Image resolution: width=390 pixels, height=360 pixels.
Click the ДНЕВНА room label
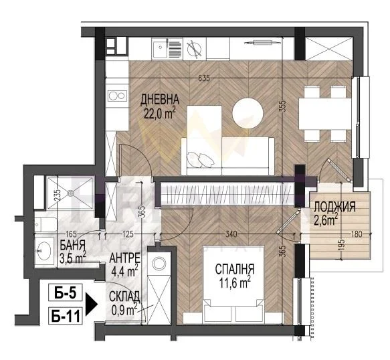160,100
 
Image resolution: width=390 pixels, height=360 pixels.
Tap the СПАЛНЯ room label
235,269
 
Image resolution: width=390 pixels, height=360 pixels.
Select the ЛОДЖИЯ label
334,207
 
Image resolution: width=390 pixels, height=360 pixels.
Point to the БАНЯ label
73,246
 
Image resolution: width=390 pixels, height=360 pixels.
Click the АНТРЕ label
125,258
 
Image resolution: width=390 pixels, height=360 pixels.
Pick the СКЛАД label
124,296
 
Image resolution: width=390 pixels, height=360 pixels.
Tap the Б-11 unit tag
65,317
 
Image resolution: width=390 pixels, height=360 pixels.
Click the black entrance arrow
91,304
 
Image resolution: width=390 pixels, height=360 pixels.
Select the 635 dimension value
204,78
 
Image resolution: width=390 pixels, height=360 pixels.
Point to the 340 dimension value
231,234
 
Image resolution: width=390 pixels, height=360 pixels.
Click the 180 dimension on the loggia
357,234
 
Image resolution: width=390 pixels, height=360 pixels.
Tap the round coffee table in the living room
248,114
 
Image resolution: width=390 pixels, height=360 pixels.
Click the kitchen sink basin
159,49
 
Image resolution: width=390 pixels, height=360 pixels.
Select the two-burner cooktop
117,96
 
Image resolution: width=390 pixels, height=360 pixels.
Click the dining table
325,114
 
